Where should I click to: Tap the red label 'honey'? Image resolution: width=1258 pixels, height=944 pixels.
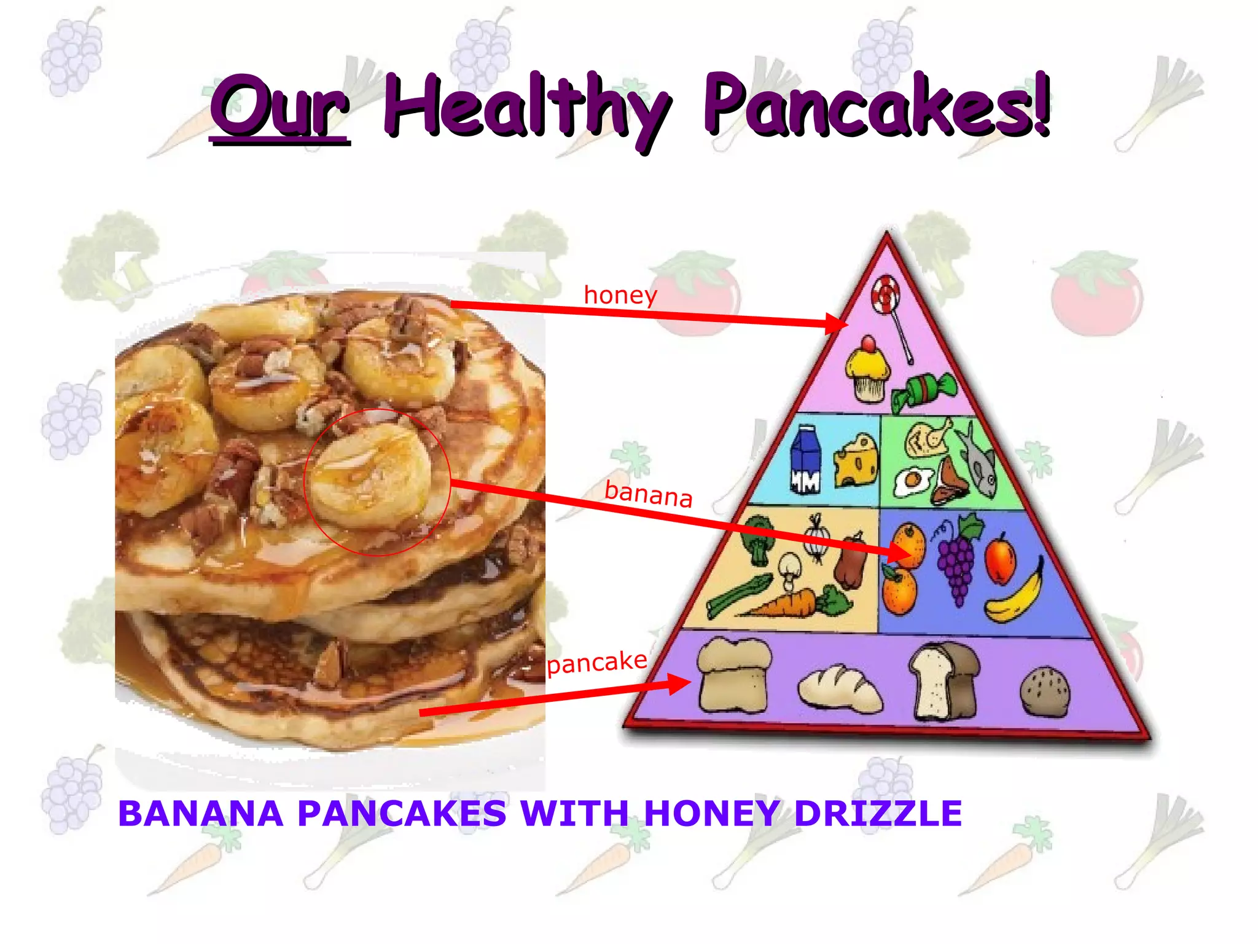[x=620, y=295]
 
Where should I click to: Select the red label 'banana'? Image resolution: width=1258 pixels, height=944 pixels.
[x=649, y=494]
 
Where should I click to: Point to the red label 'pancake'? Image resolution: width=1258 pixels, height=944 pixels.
[x=597, y=663]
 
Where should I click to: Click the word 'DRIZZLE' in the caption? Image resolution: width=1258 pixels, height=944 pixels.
[x=878, y=814]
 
